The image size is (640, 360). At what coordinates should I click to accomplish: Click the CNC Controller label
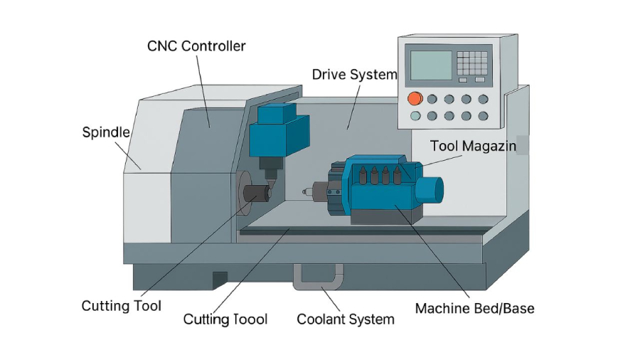tap(196, 46)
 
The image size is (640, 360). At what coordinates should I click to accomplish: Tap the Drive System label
tap(354, 75)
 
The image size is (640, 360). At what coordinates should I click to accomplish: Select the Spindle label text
tap(106, 132)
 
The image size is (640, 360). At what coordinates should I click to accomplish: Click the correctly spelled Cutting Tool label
tap(121, 306)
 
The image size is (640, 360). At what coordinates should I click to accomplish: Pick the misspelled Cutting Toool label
tap(225, 319)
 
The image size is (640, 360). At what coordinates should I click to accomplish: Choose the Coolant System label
tap(345, 319)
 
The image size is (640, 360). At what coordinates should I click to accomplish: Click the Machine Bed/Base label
tap(474, 308)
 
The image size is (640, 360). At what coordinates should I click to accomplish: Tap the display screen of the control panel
tap(431, 65)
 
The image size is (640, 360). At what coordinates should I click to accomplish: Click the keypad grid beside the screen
tap(473, 63)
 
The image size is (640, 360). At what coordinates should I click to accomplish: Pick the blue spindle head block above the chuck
tap(279, 132)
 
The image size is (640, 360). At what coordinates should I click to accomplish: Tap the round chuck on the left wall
tap(245, 194)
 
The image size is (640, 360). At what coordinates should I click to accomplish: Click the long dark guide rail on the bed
tap(363, 231)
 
